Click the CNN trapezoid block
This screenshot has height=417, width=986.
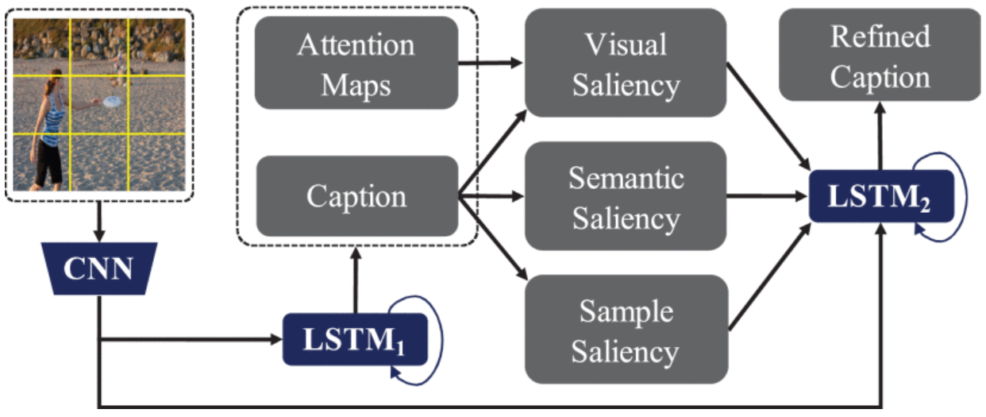tap(98, 269)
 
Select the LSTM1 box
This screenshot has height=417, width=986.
tap(354, 339)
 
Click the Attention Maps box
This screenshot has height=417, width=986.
tap(356, 63)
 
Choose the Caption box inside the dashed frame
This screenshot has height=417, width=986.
tap(356, 196)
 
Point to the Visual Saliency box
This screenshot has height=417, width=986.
tap(626, 63)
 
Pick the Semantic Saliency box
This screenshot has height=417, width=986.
tap(626, 196)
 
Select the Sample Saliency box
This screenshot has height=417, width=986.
tap(626, 329)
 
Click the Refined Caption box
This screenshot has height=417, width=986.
tap(880, 56)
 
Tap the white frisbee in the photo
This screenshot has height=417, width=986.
tap(113, 101)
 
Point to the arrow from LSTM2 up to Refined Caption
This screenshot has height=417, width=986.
tap(879, 135)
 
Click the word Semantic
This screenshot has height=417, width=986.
tap(626, 178)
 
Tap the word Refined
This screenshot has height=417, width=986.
tap(880, 36)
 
